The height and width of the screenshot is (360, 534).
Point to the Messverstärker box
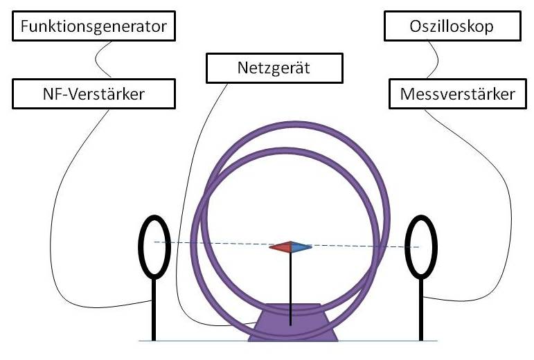click(458, 93)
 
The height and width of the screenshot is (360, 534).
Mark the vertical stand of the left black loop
click(154, 312)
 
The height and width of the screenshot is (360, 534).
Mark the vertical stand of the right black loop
click(420, 312)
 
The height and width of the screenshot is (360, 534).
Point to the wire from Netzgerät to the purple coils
click(184, 208)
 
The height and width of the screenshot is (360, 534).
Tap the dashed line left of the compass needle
click(208, 243)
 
